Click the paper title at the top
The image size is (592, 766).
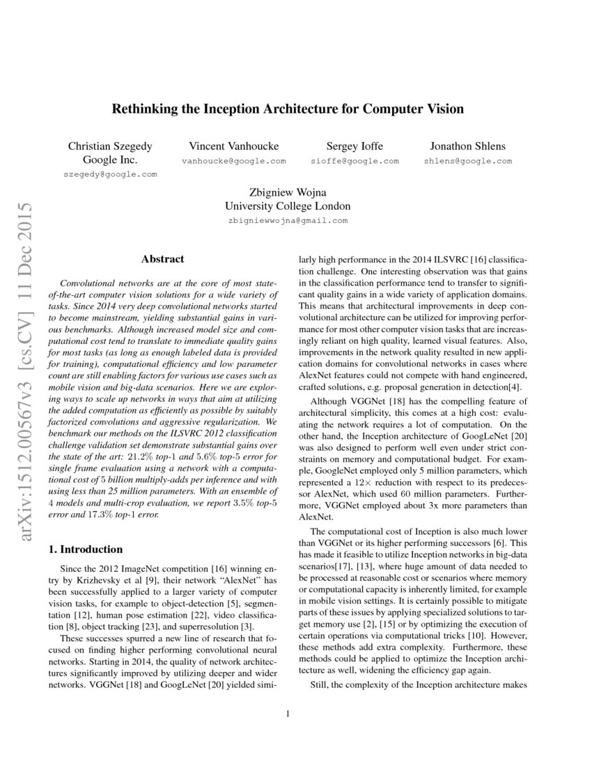288,109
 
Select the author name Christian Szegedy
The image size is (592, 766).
110,146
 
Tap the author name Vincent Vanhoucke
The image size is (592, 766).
234,146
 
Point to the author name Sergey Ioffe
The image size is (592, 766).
355,146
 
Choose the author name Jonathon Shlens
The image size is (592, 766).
467,146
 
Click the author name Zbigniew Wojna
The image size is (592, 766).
288,192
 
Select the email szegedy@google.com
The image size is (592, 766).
110,174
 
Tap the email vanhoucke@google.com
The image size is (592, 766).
234,161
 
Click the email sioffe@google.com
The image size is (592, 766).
355,161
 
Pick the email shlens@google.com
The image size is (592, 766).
467,161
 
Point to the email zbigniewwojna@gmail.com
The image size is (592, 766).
288,220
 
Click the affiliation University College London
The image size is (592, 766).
288,206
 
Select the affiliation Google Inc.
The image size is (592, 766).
110,160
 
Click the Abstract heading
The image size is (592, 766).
163,259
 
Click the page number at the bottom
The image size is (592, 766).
288,713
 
